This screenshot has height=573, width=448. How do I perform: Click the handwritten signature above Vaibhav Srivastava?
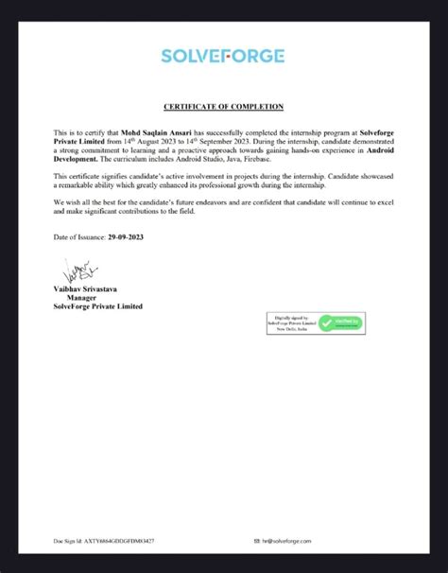tap(76, 271)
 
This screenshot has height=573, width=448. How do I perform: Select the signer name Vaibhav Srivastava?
tap(93, 287)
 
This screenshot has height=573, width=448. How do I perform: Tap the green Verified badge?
tap(339, 323)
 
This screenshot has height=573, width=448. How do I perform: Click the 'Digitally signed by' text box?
tap(293, 323)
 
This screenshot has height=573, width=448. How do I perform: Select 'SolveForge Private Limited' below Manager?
tap(98, 306)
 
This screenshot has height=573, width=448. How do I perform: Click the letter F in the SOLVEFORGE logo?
tap(238, 56)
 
